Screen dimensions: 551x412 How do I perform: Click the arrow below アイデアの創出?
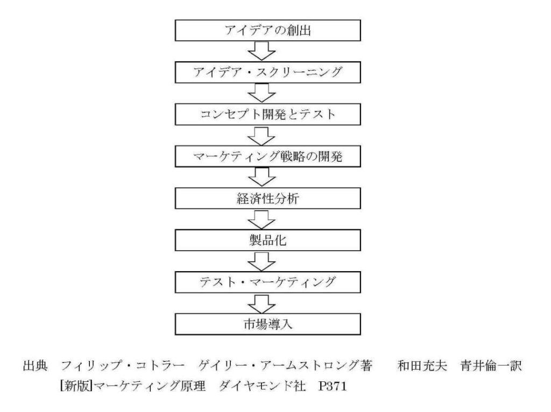pos(262,51)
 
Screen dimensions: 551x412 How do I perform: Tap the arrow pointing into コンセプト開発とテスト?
pos(262,93)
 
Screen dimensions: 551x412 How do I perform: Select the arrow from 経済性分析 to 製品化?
pos(262,219)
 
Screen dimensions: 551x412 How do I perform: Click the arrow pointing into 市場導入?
pos(262,303)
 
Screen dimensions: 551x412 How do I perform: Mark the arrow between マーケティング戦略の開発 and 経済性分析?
pos(262,176)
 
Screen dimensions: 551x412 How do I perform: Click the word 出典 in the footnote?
pos(35,366)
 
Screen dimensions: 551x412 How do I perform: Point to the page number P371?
pos(333,386)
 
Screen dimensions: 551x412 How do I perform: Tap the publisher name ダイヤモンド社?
pos(262,386)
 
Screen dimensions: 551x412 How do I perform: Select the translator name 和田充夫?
pos(422,366)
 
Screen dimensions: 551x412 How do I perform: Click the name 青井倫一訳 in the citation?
pos(491,366)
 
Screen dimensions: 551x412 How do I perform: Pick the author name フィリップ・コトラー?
pos(123,366)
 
